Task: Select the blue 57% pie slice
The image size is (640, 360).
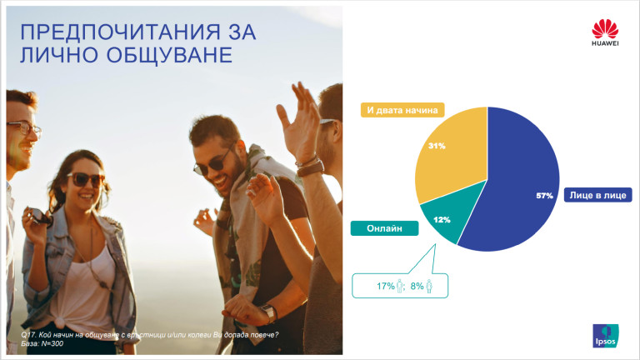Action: (x=517, y=183)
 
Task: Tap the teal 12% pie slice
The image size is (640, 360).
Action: (x=443, y=218)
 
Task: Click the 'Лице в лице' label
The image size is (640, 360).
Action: (x=597, y=195)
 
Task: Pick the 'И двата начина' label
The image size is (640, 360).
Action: (x=399, y=109)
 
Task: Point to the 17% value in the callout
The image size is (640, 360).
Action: (x=384, y=287)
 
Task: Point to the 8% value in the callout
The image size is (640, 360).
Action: (x=417, y=287)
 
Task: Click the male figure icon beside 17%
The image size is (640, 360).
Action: (x=400, y=286)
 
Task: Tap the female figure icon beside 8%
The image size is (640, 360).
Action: (x=430, y=286)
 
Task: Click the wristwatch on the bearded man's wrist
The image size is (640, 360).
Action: (x=267, y=314)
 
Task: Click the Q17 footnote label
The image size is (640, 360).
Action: (x=27, y=335)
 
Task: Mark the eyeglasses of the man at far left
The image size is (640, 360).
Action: (x=22, y=129)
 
